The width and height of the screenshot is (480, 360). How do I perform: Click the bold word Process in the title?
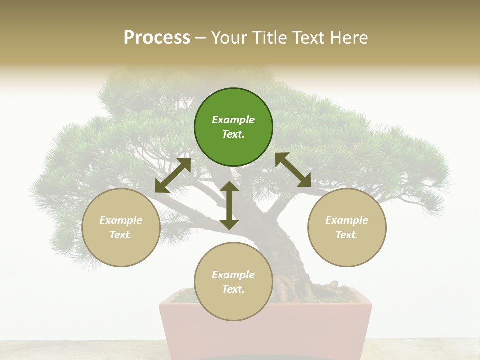pyautogui.click(x=157, y=38)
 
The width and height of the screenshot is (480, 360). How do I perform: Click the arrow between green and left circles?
pyautogui.click(x=173, y=175)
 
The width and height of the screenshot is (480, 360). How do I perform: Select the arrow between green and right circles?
pyautogui.click(x=293, y=170)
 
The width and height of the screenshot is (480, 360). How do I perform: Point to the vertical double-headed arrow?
pyautogui.click(x=229, y=205)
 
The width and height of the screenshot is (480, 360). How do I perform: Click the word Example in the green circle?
pyautogui.click(x=233, y=120)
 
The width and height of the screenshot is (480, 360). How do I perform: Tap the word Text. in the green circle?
pyautogui.click(x=233, y=134)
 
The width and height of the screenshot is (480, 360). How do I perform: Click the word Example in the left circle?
pyautogui.click(x=121, y=220)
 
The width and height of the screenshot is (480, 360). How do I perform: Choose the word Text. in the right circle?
pyautogui.click(x=347, y=235)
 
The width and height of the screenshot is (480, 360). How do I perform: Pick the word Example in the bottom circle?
pyautogui.click(x=233, y=275)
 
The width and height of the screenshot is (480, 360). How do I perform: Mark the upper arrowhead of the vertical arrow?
pyautogui.click(x=229, y=187)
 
